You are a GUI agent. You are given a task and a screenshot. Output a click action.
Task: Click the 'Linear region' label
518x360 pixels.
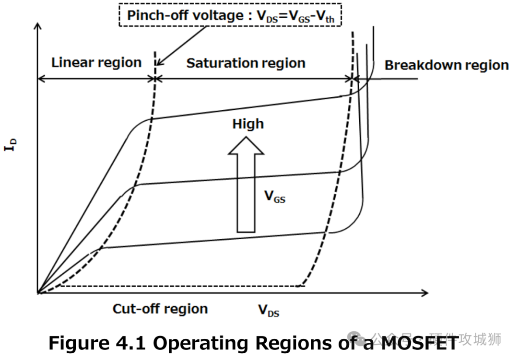point(96,62)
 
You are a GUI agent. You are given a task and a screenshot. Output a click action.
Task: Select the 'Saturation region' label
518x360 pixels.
point(246,63)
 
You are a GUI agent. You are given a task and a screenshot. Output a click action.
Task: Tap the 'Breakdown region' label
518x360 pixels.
point(446,65)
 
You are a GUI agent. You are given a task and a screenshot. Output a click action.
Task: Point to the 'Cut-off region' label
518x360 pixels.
point(160,309)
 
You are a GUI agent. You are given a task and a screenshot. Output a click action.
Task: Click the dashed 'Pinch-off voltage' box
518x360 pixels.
point(230,16)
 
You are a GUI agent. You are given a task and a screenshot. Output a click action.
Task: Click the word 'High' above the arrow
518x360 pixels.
point(247,124)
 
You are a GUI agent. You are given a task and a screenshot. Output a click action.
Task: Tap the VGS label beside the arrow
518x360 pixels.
point(275,196)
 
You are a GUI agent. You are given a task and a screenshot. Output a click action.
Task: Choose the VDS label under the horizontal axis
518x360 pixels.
point(269,311)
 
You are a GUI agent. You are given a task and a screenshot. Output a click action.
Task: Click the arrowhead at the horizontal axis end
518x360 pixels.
point(425,292)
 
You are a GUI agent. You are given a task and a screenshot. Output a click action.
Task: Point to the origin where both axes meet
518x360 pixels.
point(38,292)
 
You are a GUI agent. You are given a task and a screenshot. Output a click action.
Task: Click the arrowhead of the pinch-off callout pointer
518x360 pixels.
point(159,64)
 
